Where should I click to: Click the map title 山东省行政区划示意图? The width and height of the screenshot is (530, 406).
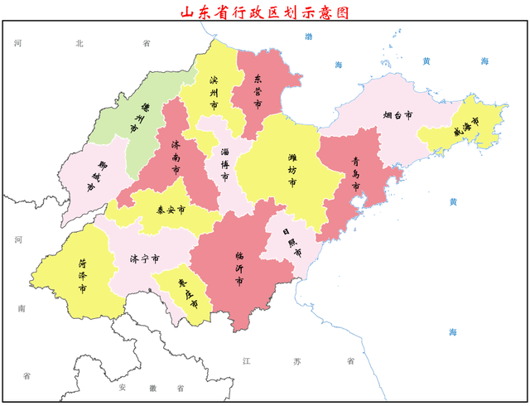pos(265,12)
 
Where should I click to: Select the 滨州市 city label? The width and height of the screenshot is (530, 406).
pos(214,92)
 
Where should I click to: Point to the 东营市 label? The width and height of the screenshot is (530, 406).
pos(258,91)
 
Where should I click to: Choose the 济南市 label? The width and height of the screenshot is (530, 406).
pos(176,157)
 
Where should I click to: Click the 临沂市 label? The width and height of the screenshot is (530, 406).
pos(240,269)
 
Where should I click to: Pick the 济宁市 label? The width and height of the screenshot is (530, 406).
pos(143,259)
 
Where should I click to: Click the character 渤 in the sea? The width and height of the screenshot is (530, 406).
pos(309,36)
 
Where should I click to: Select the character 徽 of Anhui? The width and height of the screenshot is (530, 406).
pos(152,387)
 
